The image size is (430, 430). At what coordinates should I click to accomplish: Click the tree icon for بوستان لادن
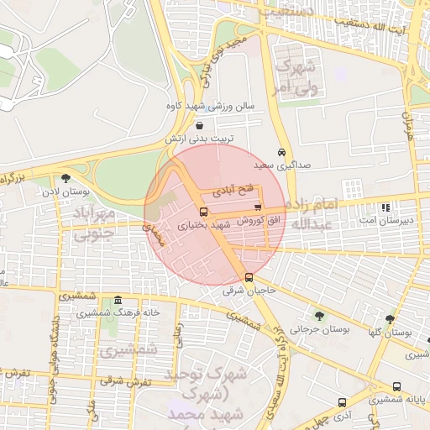66,178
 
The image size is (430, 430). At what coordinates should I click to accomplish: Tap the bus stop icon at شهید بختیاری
204,212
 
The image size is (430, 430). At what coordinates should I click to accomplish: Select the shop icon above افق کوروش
257,207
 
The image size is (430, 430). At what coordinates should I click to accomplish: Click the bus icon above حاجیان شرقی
249,278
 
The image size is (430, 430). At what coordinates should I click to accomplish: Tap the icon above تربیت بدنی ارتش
198,124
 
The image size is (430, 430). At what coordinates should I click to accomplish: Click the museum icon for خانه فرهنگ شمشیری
118,301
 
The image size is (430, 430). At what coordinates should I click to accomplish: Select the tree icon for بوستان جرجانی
319,316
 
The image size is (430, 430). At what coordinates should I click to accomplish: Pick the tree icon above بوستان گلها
390,319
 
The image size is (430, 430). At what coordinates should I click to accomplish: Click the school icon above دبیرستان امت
385,207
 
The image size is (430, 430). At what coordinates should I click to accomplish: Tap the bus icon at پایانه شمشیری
396,387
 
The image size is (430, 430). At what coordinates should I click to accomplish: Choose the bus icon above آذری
342,402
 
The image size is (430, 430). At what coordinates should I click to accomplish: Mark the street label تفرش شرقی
125,380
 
